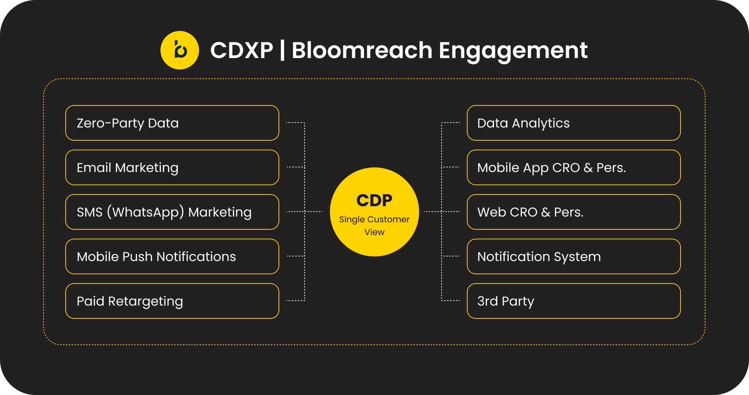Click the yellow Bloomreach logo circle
tap(179, 50)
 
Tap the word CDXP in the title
tap(241, 50)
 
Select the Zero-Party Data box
tap(172, 123)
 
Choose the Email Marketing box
tap(172, 167)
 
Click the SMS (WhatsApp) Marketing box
tap(172, 212)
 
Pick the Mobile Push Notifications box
tap(172, 256)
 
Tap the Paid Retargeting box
tap(172, 301)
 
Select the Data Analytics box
tap(574, 123)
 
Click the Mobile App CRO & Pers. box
tap(574, 167)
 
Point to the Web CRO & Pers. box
tap(574, 212)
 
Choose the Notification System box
tap(574, 256)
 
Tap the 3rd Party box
tap(574, 301)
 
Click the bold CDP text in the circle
tap(374, 201)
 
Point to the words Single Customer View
tap(374, 225)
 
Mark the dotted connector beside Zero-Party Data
tap(295, 123)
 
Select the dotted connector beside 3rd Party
tap(451, 301)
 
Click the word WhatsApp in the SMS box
tap(146, 212)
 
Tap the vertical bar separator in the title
tap(282, 50)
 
